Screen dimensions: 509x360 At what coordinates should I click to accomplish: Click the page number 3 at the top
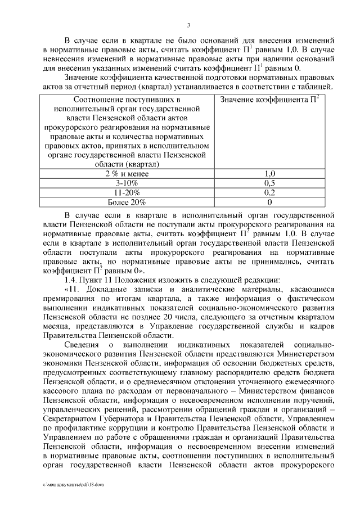pos(189,24)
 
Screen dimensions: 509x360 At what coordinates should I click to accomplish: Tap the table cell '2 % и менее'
pos(127,174)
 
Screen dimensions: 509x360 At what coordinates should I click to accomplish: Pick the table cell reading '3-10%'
pos(127,183)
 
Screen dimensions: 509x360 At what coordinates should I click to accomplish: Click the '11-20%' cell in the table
pos(127,192)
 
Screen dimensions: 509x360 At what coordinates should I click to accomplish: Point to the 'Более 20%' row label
pos(127,202)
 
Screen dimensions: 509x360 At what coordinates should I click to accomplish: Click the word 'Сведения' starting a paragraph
pos(83,344)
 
